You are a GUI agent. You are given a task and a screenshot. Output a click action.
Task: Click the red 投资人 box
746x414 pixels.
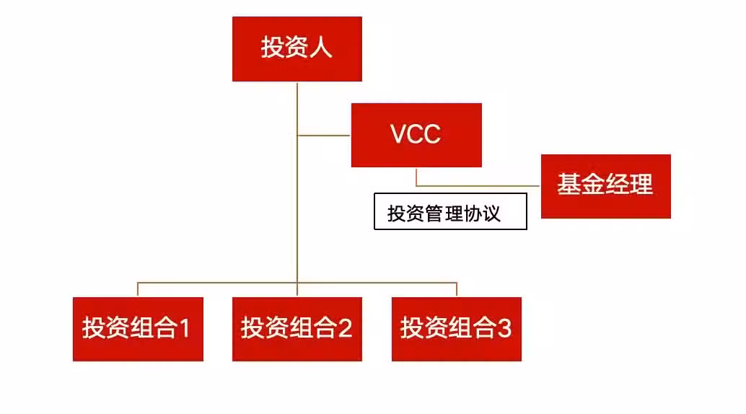click(x=297, y=49)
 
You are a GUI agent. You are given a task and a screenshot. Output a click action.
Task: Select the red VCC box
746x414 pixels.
click(x=416, y=135)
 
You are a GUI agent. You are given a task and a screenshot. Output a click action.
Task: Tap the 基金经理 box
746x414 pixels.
click(x=605, y=186)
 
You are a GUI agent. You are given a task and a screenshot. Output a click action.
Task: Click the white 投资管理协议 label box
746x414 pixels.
click(x=450, y=211)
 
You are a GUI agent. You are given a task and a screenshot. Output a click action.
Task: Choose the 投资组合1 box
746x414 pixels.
click(x=138, y=330)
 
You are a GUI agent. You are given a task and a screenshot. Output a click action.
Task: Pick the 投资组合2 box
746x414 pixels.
click(x=297, y=330)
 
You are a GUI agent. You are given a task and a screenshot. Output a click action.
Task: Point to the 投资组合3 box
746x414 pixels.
click(x=456, y=330)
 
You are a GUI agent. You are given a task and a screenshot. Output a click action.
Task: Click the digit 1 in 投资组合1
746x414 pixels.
click(x=185, y=328)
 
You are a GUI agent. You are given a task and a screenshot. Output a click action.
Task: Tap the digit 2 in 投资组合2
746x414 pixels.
click(x=344, y=328)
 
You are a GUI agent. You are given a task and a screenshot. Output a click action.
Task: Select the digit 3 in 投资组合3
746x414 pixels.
click(x=504, y=328)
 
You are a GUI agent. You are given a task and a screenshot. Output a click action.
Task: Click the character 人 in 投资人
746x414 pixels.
click(x=320, y=48)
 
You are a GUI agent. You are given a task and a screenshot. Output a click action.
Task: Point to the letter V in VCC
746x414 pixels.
click(x=400, y=134)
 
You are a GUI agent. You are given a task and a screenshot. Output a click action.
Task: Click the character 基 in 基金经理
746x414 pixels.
click(x=569, y=184)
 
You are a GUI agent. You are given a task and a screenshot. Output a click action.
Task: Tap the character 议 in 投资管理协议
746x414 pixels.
click(x=491, y=213)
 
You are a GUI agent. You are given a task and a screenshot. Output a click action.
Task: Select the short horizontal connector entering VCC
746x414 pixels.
click(x=324, y=136)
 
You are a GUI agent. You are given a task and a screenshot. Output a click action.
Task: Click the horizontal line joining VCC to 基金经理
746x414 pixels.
click(x=478, y=185)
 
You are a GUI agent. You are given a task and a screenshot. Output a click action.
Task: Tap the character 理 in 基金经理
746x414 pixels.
click(x=641, y=184)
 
